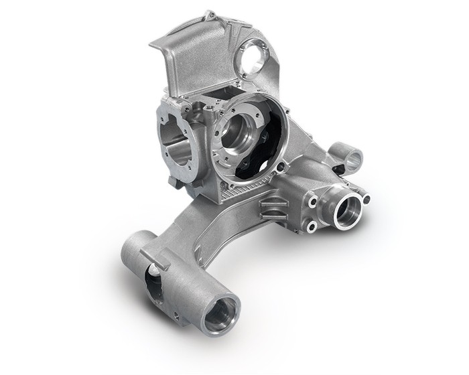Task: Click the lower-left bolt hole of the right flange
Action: pos(312,228)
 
